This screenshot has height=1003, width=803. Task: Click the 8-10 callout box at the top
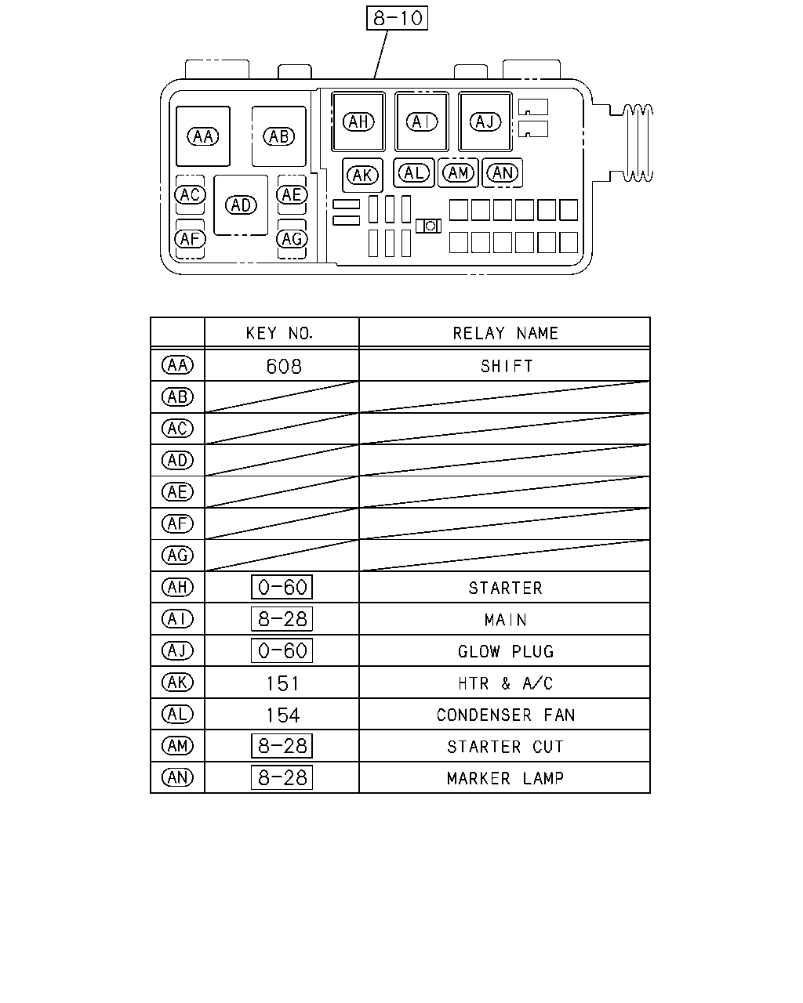[x=397, y=18]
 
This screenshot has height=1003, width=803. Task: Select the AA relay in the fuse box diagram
[x=203, y=136]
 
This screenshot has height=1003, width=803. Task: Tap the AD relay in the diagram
[x=241, y=205]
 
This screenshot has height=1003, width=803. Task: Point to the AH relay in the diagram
[x=358, y=121]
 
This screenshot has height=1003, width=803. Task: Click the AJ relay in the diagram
[x=485, y=121]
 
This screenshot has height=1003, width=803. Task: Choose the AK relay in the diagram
[x=362, y=176]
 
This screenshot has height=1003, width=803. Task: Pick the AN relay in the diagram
[x=503, y=173]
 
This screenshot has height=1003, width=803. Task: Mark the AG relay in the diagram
[x=292, y=239]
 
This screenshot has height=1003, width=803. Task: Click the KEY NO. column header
[x=279, y=333]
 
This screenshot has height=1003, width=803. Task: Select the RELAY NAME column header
[x=505, y=333]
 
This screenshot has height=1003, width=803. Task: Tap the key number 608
[x=284, y=367]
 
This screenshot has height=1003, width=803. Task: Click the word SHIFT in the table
[x=507, y=367]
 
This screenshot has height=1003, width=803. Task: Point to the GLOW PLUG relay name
[x=506, y=651]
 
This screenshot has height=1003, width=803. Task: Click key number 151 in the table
[x=283, y=684]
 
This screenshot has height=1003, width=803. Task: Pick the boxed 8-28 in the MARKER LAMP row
[x=282, y=777]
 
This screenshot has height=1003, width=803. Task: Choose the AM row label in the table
[x=177, y=746]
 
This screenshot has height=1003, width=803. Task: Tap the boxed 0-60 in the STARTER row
[x=282, y=587]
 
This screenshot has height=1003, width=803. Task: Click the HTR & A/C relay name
[x=505, y=683]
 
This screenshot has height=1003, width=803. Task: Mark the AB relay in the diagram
[x=279, y=136]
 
